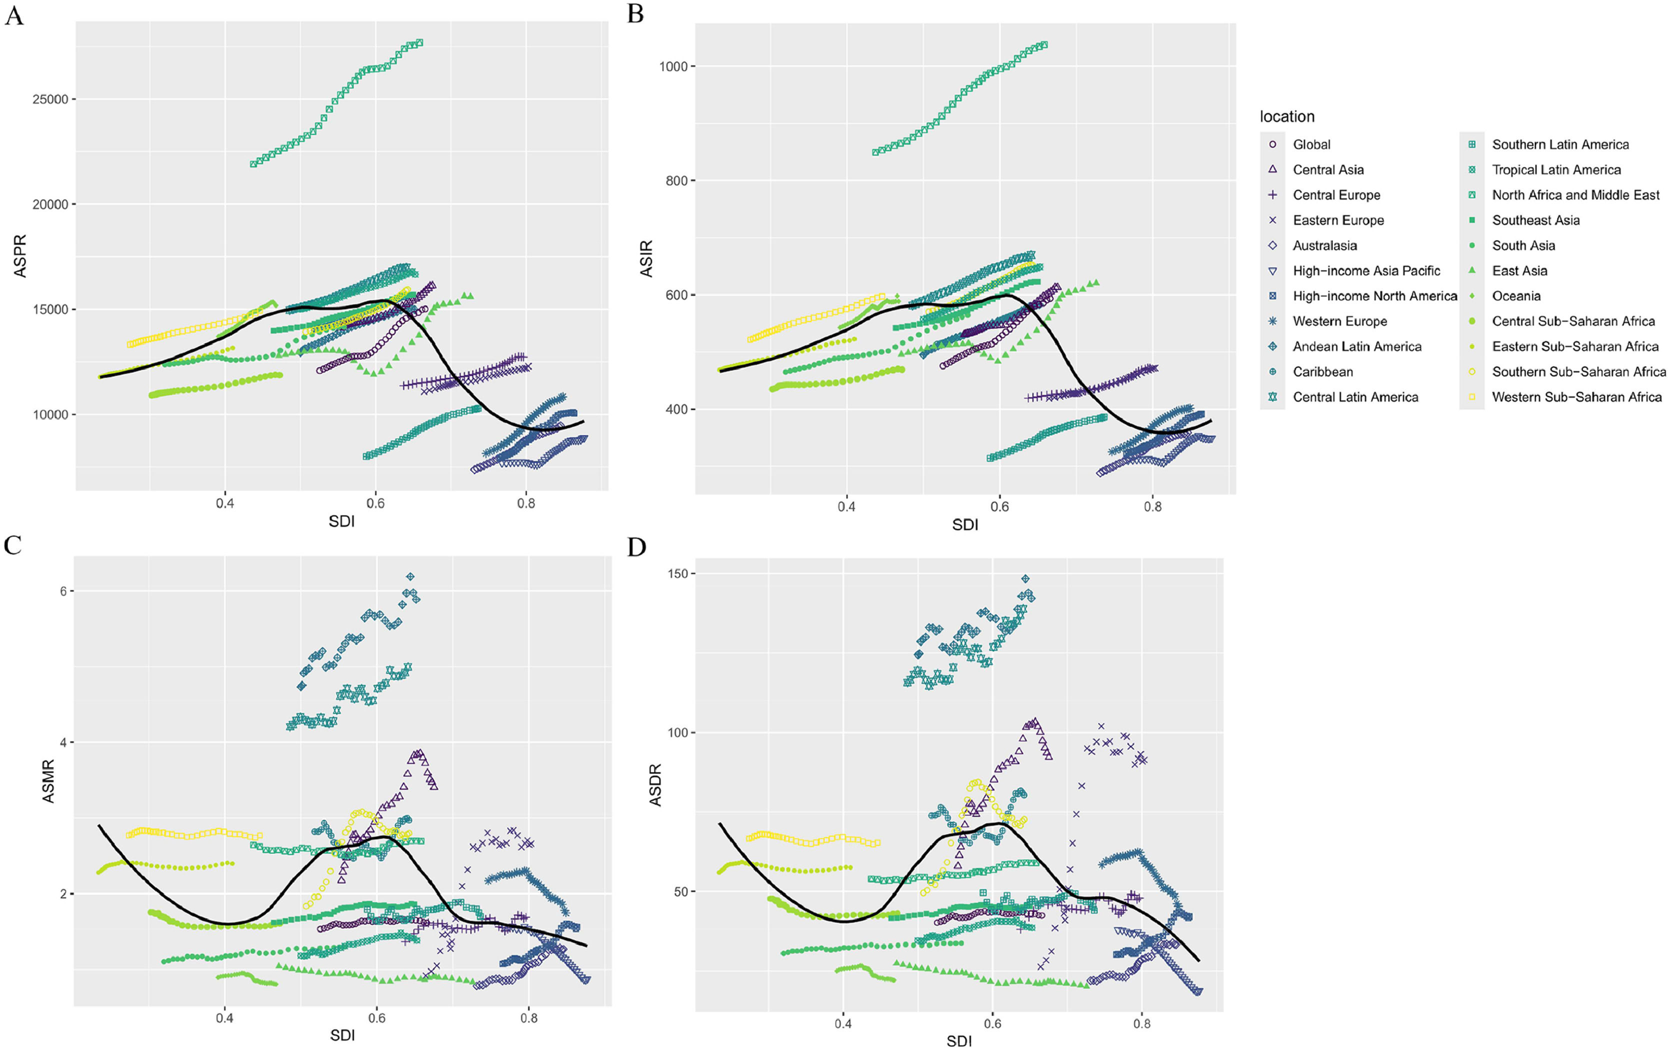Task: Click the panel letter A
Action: click(14, 15)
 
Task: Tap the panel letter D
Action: click(636, 547)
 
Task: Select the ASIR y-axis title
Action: click(646, 258)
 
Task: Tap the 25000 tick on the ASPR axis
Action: click(50, 99)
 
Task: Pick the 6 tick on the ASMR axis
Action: click(63, 591)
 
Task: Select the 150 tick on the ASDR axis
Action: click(677, 574)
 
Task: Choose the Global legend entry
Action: click(1311, 144)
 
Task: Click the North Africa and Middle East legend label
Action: click(1575, 195)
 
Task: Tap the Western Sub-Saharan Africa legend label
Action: click(1576, 397)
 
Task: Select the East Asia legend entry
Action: click(1519, 270)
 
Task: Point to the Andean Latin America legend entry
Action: click(1356, 346)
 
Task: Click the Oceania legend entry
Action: click(1515, 295)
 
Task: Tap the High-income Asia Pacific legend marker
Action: click(1272, 270)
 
